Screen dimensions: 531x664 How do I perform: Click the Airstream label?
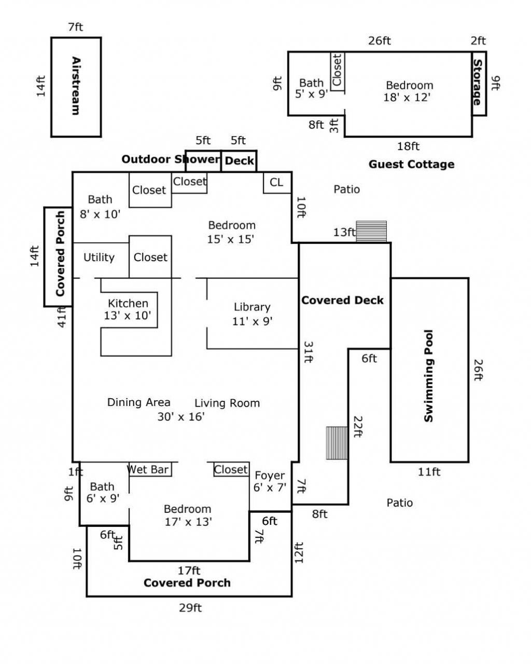(x=76, y=86)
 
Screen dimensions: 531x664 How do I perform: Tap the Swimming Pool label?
(x=429, y=376)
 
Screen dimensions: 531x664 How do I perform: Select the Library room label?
(x=252, y=307)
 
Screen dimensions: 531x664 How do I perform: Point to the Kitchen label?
(x=128, y=303)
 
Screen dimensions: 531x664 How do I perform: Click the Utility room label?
(x=99, y=258)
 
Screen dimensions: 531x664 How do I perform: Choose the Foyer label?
(x=270, y=476)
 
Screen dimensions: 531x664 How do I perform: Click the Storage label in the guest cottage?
(x=478, y=83)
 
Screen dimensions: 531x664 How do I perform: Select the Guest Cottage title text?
(x=411, y=164)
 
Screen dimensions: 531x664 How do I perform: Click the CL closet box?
(x=277, y=183)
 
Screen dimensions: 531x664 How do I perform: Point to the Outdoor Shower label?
(x=171, y=159)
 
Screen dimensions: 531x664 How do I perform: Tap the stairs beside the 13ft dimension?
(x=371, y=232)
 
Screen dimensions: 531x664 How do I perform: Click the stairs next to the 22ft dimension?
(x=337, y=443)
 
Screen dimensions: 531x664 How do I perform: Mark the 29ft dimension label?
(x=190, y=608)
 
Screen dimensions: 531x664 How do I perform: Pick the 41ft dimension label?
(x=62, y=317)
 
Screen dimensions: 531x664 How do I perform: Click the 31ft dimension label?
(x=309, y=352)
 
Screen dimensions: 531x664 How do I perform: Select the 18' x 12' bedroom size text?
(x=407, y=98)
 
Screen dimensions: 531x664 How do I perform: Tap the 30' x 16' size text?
(x=181, y=416)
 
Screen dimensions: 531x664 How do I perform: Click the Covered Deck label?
(x=342, y=300)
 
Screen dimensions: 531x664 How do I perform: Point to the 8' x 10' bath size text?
(x=100, y=214)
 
